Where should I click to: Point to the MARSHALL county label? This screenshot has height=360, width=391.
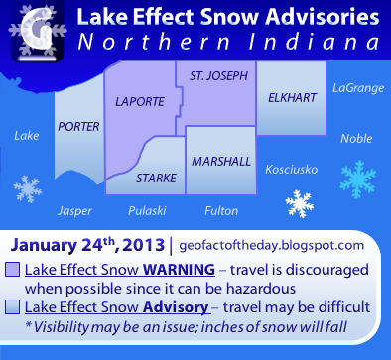[220, 161]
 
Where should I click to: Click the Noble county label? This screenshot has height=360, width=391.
[355, 138]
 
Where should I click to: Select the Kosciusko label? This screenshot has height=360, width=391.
[291, 170]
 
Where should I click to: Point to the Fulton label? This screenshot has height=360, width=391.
[220, 210]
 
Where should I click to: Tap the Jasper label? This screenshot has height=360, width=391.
[74, 210]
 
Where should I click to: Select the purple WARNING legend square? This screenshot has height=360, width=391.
[13, 269]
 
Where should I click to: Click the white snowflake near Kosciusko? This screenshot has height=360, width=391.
[299, 204]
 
